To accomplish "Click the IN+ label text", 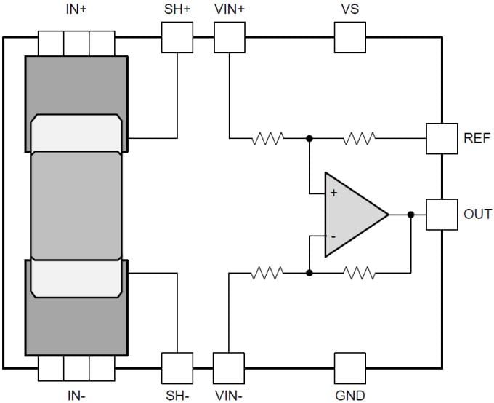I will coord(76,9).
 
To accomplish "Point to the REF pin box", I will coord(440,137).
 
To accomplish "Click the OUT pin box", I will coord(440,215).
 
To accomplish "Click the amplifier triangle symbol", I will coord(352,215).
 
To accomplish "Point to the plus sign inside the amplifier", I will coord(333,193).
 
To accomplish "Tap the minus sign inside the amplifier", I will coord(333,237).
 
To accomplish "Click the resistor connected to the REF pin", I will coord(360,137).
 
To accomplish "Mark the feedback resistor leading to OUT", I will coord(360,273).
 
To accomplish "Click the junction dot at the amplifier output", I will coord(411,215).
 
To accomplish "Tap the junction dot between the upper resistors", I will coord(309,137).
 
